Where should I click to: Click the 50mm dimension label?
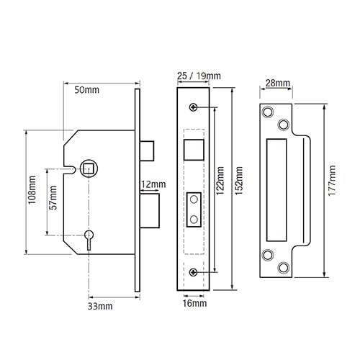86,90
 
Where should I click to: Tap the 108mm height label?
32,190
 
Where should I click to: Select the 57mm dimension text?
53,198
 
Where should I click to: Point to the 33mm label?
100,307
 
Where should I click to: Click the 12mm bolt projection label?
153,184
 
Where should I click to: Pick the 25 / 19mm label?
199,76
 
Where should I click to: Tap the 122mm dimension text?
220,181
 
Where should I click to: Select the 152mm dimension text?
239,181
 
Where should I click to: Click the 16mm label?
194,303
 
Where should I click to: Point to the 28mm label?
278,84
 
